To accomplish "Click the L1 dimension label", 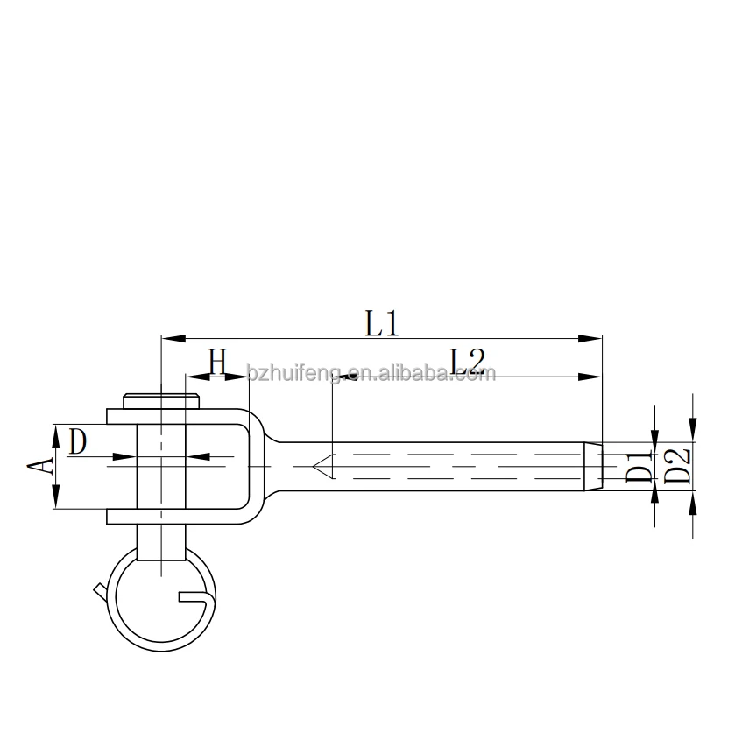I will pyautogui.click(x=382, y=324).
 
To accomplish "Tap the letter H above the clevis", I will pyautogui.click(x=217, y=361).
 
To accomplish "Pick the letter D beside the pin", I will pyautogui.click(x=78, y=442).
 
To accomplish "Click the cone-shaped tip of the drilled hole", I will pyautogui.click(x=323, y=465).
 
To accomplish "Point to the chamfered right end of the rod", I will pyautogui.click(x=594, y=465).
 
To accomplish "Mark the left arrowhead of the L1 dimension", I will pyautogui.click(x=169, y=337).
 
